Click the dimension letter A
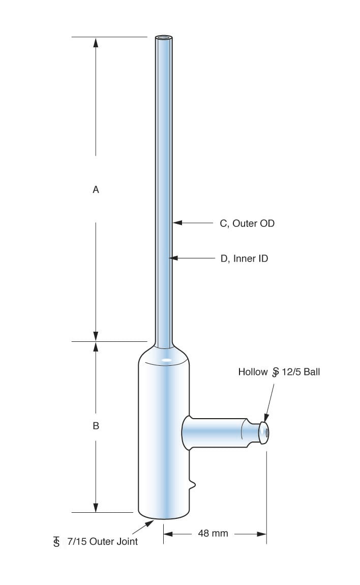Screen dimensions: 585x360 pos(96,189)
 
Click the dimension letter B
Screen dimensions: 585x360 pos(96,426)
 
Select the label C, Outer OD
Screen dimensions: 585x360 pos(247,223)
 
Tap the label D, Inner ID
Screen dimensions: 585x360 pos(244,258)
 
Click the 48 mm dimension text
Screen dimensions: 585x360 pos(213,534)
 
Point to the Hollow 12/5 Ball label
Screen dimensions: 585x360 pos(279,372)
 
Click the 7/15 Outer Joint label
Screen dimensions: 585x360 pos(102,541)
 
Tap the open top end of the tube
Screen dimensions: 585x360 pos(163,38)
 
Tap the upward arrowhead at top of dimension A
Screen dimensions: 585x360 pos(96,42)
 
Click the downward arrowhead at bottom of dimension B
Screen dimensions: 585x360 pos(96,507)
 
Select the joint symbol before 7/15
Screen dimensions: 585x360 pos(56,542)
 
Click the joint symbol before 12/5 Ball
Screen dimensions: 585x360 pos(275,372)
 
